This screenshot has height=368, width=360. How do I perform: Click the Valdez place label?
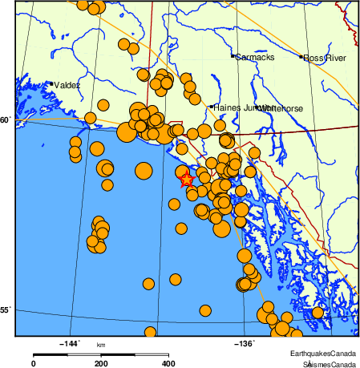[67, 85]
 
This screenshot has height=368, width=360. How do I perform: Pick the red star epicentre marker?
[186, 179]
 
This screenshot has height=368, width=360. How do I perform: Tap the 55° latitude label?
[6, 309]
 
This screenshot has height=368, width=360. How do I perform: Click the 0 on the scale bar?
[33, 363]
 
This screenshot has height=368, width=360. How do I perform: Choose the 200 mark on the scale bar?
[101, 363]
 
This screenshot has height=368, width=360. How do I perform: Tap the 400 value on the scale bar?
[169, 363]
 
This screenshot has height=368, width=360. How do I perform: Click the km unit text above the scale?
[101, 345]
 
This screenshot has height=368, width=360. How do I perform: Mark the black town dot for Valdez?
[51, 83]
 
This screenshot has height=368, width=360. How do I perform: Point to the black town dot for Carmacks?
[233, 56]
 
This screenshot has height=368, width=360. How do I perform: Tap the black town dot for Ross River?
[301, 57]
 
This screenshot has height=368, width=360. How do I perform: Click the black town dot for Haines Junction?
[211, 107]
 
